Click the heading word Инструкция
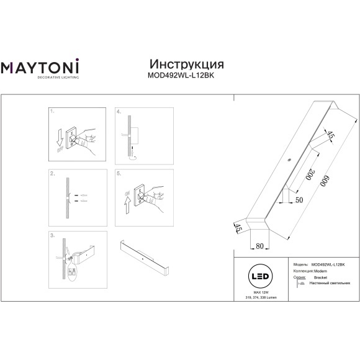pos(187,65)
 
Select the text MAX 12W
pos(261,291)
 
